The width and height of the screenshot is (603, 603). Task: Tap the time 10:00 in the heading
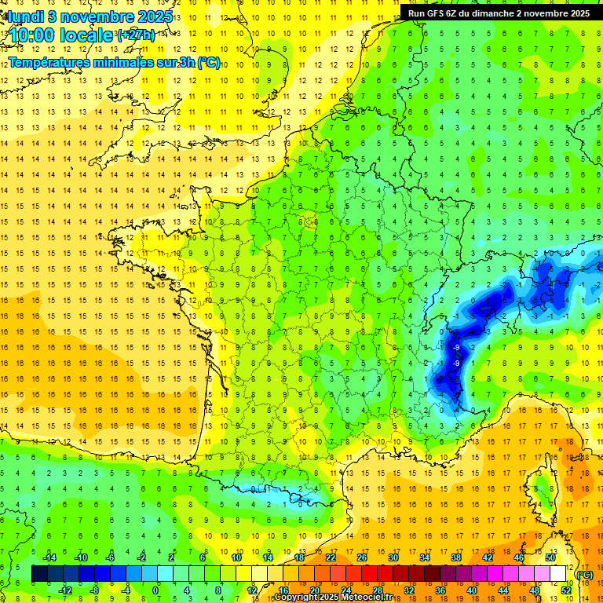35,36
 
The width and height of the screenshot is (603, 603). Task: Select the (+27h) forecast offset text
135,36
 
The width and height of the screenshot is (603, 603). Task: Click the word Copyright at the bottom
296,598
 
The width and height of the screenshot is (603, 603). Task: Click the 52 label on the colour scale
565,590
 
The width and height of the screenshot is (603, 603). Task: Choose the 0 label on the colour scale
155,590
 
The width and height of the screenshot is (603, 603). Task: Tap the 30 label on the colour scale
393,557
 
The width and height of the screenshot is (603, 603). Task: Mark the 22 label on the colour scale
330,557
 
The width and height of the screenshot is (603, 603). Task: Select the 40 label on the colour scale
471,590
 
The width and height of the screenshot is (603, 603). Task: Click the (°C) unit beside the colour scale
584,574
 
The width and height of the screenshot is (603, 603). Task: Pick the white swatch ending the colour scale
558,574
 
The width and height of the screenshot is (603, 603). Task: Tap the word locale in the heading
86,36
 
